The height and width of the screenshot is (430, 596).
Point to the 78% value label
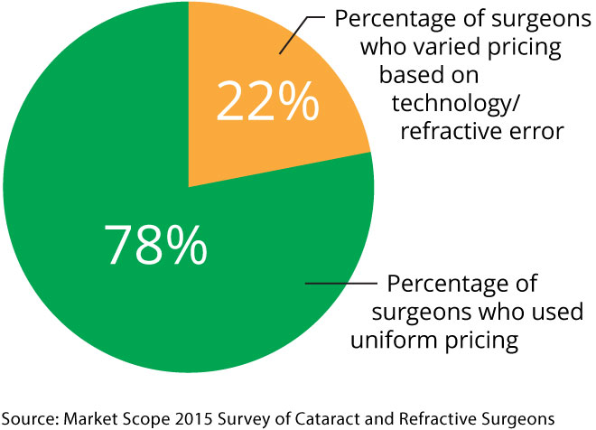(155, 243)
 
